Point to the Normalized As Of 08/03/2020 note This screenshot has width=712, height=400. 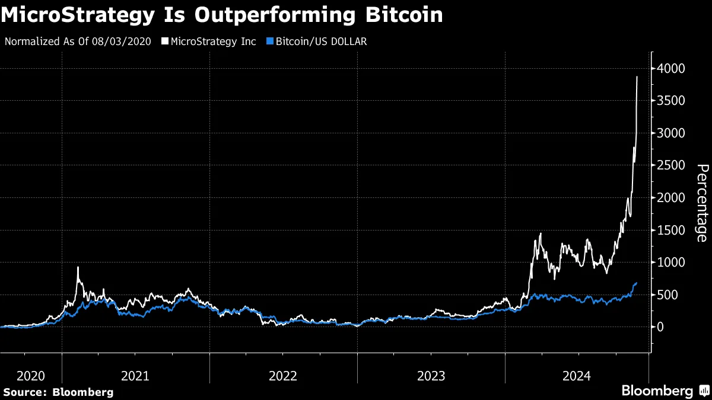pos(78,41)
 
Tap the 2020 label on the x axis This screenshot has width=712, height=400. pos(31,376)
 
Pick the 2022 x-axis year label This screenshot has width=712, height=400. pos(283,376)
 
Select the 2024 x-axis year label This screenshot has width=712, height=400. pos(577,376)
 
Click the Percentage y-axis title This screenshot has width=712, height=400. pos(701,203)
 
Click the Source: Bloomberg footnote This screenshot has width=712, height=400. pos(58,392)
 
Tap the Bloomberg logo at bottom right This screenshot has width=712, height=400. pos(665,391)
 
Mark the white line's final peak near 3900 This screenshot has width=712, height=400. pos(637,76)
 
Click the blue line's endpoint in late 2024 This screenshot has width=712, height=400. pos(637,283)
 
